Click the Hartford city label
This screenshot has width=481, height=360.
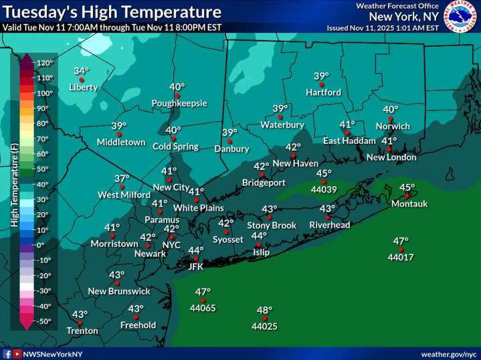point(324,92)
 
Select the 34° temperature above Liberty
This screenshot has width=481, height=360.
point(82,71)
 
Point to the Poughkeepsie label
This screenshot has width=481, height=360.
point(179,103)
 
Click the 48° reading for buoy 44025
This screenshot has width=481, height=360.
point(265,310)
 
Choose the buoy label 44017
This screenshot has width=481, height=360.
point(401,256)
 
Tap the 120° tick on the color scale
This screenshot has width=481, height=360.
point(44,63)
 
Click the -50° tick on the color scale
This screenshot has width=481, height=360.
point(44,321)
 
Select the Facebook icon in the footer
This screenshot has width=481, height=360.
point(7,353)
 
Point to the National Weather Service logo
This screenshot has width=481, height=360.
point(461,16)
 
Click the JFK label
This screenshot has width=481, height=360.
point(195,266)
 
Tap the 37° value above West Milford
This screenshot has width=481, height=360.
point(121,179)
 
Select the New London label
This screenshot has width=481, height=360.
point(391,157)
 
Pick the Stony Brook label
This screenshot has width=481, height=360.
point(272,226)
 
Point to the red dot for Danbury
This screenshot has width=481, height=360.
point(229,141)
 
